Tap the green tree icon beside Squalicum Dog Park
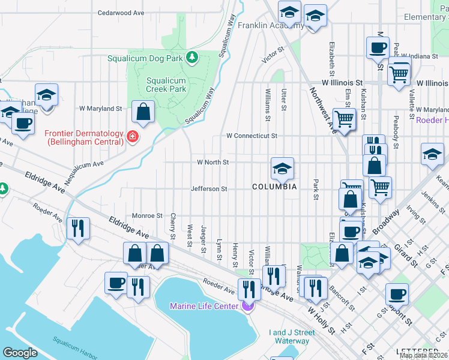(192, 58)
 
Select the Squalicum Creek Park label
(166, 84)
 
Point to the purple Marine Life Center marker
(248, 306)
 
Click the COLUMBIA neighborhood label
(274, 187)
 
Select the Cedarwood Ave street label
(121, 12)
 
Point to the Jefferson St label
(209, 188)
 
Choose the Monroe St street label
(147, 215)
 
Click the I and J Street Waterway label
(292, 337)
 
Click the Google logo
(20, 353)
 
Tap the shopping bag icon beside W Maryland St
(143, 111)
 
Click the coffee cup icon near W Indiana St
(378, 47)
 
